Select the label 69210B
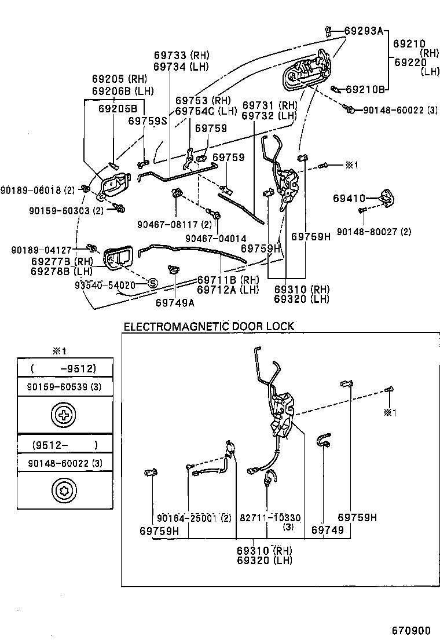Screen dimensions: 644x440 pyautogui.click(x=365, y=89)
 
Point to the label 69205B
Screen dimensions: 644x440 pyautogui.click(x=118, y=108)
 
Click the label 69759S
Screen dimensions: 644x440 pyautogui.click(x=147, y=121)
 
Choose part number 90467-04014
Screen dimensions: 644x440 pyautogui.click(x=216, y=238)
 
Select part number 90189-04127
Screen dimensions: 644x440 pyautogui.click(x=41, y=250)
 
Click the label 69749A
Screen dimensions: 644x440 pyautogui.click(x=175, y=302)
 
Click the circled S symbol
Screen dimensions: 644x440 pyautogui.click(x=153, y=283)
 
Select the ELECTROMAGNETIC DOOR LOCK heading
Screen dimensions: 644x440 pyautogui.click(x=209, y=326)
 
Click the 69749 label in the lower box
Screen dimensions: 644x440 pyautogui.click(x=328, y=530)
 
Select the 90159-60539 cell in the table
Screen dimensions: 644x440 pyautogui.click(x=64, y=386)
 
